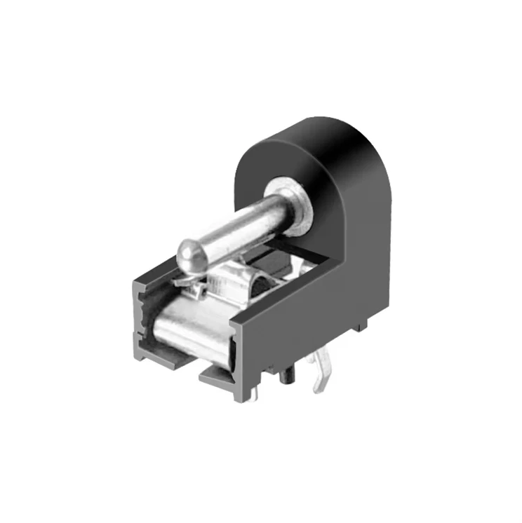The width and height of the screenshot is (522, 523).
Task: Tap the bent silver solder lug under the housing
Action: pyautogui.click(x=321, y=372)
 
